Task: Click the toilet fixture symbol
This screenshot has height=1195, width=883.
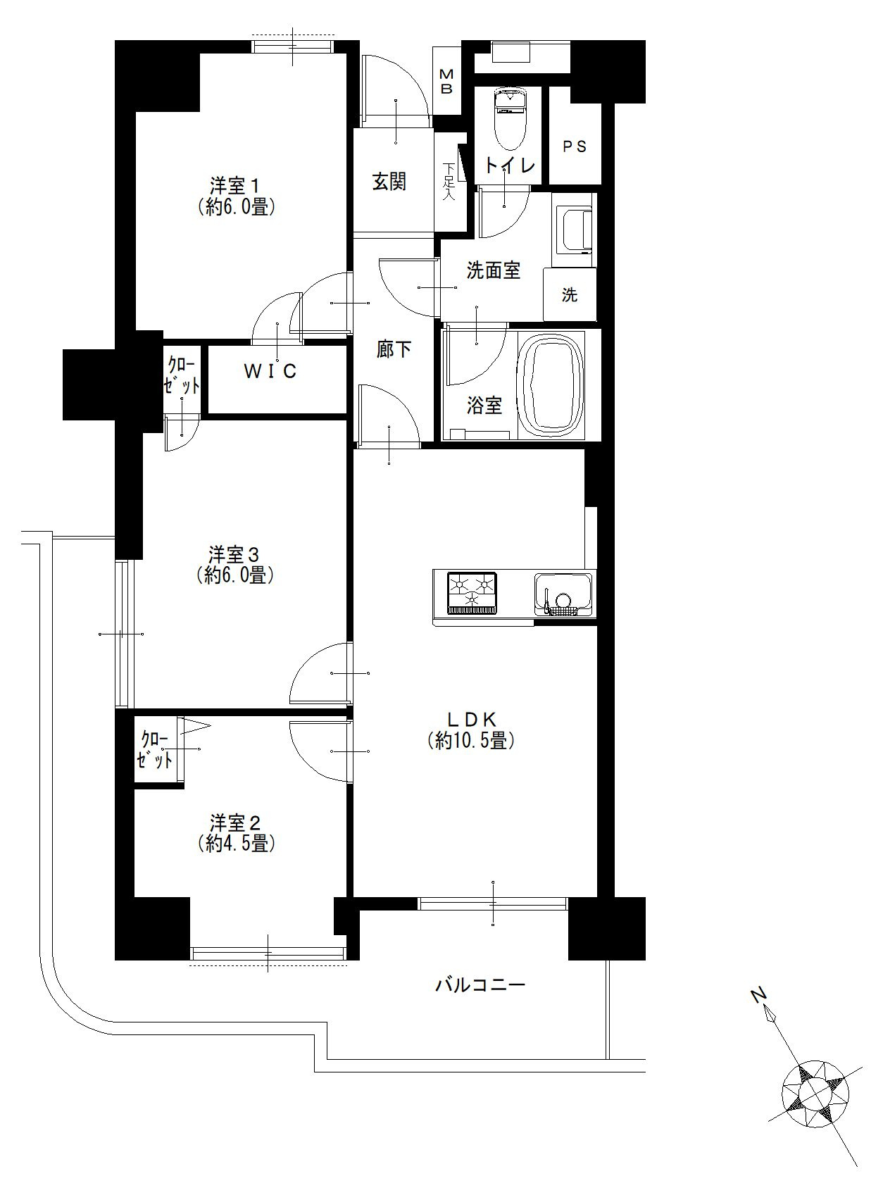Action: point(508,119)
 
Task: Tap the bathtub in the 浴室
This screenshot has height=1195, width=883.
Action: point(551,384)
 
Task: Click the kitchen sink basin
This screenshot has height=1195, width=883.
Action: point(563,594)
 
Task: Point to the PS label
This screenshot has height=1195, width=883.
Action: point(575,146)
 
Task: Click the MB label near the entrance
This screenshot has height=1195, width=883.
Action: point(446,82)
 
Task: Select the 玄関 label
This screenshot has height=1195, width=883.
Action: point(389,182)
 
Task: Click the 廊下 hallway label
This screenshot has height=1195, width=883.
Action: point(394,349)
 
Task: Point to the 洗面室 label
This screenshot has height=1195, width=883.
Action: point(494,270)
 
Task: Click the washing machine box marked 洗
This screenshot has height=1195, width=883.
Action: point(570,294)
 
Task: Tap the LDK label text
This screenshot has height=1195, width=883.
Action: point(471,719)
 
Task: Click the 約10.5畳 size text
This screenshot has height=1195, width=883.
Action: point(471,741)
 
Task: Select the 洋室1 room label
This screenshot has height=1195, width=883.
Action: point(235,186)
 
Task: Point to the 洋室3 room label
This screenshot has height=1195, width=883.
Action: point(235,554)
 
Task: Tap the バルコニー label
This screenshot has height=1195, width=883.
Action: point(480,985)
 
